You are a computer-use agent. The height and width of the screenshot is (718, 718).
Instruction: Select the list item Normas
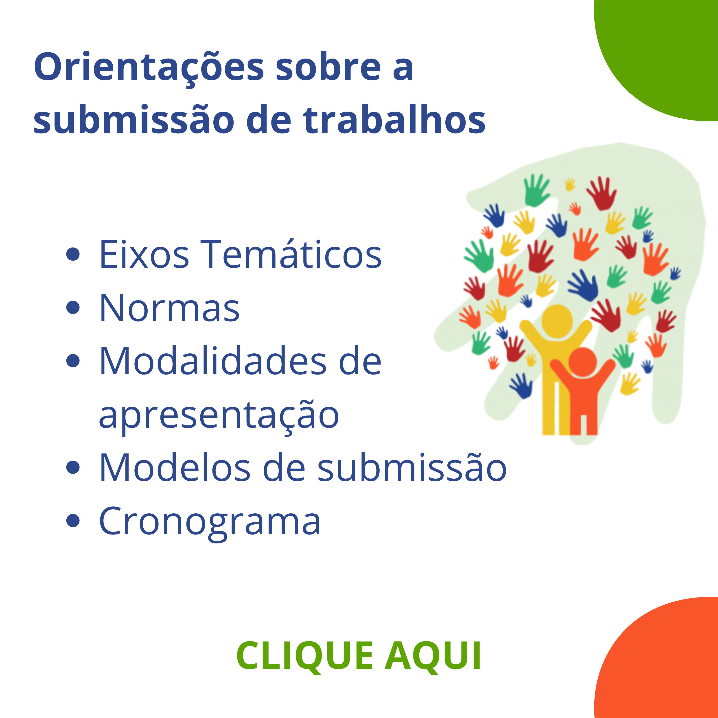pos(169,308)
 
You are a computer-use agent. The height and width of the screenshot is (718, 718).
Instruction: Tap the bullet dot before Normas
pos(73,308)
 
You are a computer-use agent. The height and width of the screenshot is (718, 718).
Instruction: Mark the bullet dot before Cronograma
pos(73,521)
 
